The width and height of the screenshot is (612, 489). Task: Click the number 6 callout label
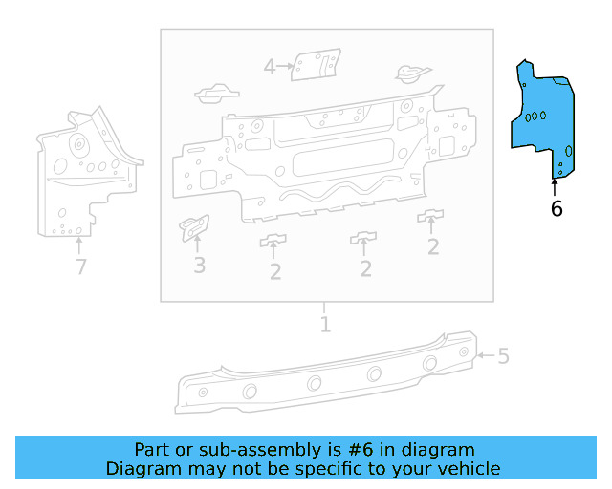(557, 208)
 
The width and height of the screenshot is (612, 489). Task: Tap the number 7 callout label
(81, 267)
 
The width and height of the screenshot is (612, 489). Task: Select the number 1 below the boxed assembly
(325, 325)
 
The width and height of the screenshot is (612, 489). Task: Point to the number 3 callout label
(199, 265)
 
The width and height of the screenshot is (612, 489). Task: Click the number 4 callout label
(270, 67)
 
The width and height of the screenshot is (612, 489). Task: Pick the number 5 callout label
(503, 357)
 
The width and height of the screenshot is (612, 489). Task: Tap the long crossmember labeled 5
(325, 377)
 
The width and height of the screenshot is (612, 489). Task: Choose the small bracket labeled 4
(316, 67)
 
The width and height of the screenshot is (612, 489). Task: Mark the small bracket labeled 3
(194, 227)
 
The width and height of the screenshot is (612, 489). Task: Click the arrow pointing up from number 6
(554, 185)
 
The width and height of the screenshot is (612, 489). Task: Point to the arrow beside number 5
(485, 356)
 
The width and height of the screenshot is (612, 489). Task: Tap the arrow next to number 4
(286, 67)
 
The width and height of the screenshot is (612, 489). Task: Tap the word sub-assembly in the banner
(243, 450)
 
